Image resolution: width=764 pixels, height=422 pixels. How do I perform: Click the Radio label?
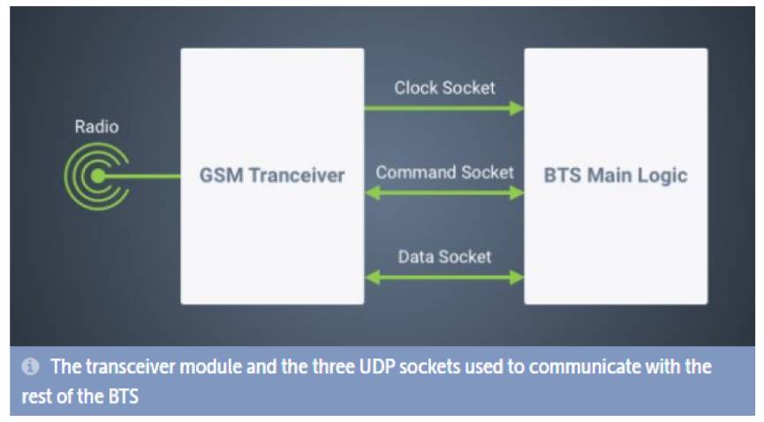coord(96,127)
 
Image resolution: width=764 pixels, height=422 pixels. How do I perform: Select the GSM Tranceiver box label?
coord(272,176)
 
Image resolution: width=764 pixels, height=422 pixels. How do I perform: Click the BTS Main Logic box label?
coord(616,176)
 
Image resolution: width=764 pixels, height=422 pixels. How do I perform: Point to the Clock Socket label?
coord(444,88)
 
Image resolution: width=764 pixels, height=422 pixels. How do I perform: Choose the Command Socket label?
coord(444,172)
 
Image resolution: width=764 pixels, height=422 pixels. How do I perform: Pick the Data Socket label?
coord(444,257)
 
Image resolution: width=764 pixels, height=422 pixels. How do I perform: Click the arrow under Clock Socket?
coord(444,109)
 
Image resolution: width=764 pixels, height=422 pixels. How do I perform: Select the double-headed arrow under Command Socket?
coord(444,193)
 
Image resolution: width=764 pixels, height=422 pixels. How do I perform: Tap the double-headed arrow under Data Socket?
coord(444,278)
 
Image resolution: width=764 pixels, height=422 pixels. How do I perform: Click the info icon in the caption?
coord(30,366)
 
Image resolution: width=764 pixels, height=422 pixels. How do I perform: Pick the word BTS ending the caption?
coord(124,396)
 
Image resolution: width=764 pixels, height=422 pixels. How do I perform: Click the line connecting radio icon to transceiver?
coord(140,177)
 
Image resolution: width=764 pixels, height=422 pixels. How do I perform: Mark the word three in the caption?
coord(333,366)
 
